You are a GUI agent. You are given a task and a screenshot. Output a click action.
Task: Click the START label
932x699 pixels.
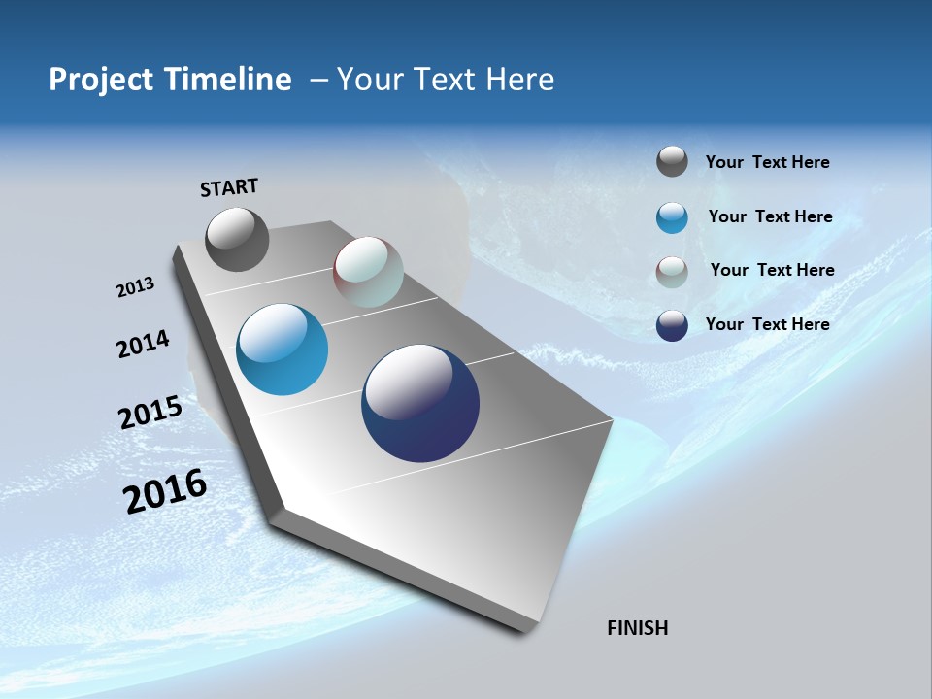coord(229,187)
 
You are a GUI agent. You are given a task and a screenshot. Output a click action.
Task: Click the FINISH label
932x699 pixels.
coord(638,628)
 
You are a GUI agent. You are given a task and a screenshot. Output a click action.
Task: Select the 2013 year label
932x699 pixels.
coord(135,287)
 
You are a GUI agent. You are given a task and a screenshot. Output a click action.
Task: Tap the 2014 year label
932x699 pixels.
coord(143,345)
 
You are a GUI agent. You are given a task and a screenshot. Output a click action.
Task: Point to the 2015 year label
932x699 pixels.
coord(150,412)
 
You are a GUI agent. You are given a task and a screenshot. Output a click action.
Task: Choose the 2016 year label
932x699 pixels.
coord(165,491)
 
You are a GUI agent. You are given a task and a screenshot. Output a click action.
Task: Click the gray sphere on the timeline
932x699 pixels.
coord(237,239)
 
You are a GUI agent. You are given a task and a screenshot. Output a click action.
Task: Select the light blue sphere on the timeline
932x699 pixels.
coord(283,349)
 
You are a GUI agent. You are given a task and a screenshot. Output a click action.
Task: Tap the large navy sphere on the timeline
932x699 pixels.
coord(420,403)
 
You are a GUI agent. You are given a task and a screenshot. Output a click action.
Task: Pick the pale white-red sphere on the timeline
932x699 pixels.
coord(368,272)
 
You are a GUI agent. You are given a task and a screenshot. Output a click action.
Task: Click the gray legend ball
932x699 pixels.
coord(672,162)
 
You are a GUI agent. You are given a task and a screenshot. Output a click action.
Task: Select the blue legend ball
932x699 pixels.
coord(672,217)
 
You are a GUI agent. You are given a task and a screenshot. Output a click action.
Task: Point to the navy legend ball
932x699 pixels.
coord(672,325)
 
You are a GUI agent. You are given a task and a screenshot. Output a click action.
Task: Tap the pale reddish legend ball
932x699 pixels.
coord(672,272)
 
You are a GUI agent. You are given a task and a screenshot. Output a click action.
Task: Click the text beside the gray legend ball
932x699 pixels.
coord(767,162)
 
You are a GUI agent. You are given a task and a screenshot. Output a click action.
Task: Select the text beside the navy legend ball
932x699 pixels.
coord(767,324)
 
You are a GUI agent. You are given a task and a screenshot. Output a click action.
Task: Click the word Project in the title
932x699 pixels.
coord(100,80)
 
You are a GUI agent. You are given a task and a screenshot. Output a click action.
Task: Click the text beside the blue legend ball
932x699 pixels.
coord(770,216)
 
